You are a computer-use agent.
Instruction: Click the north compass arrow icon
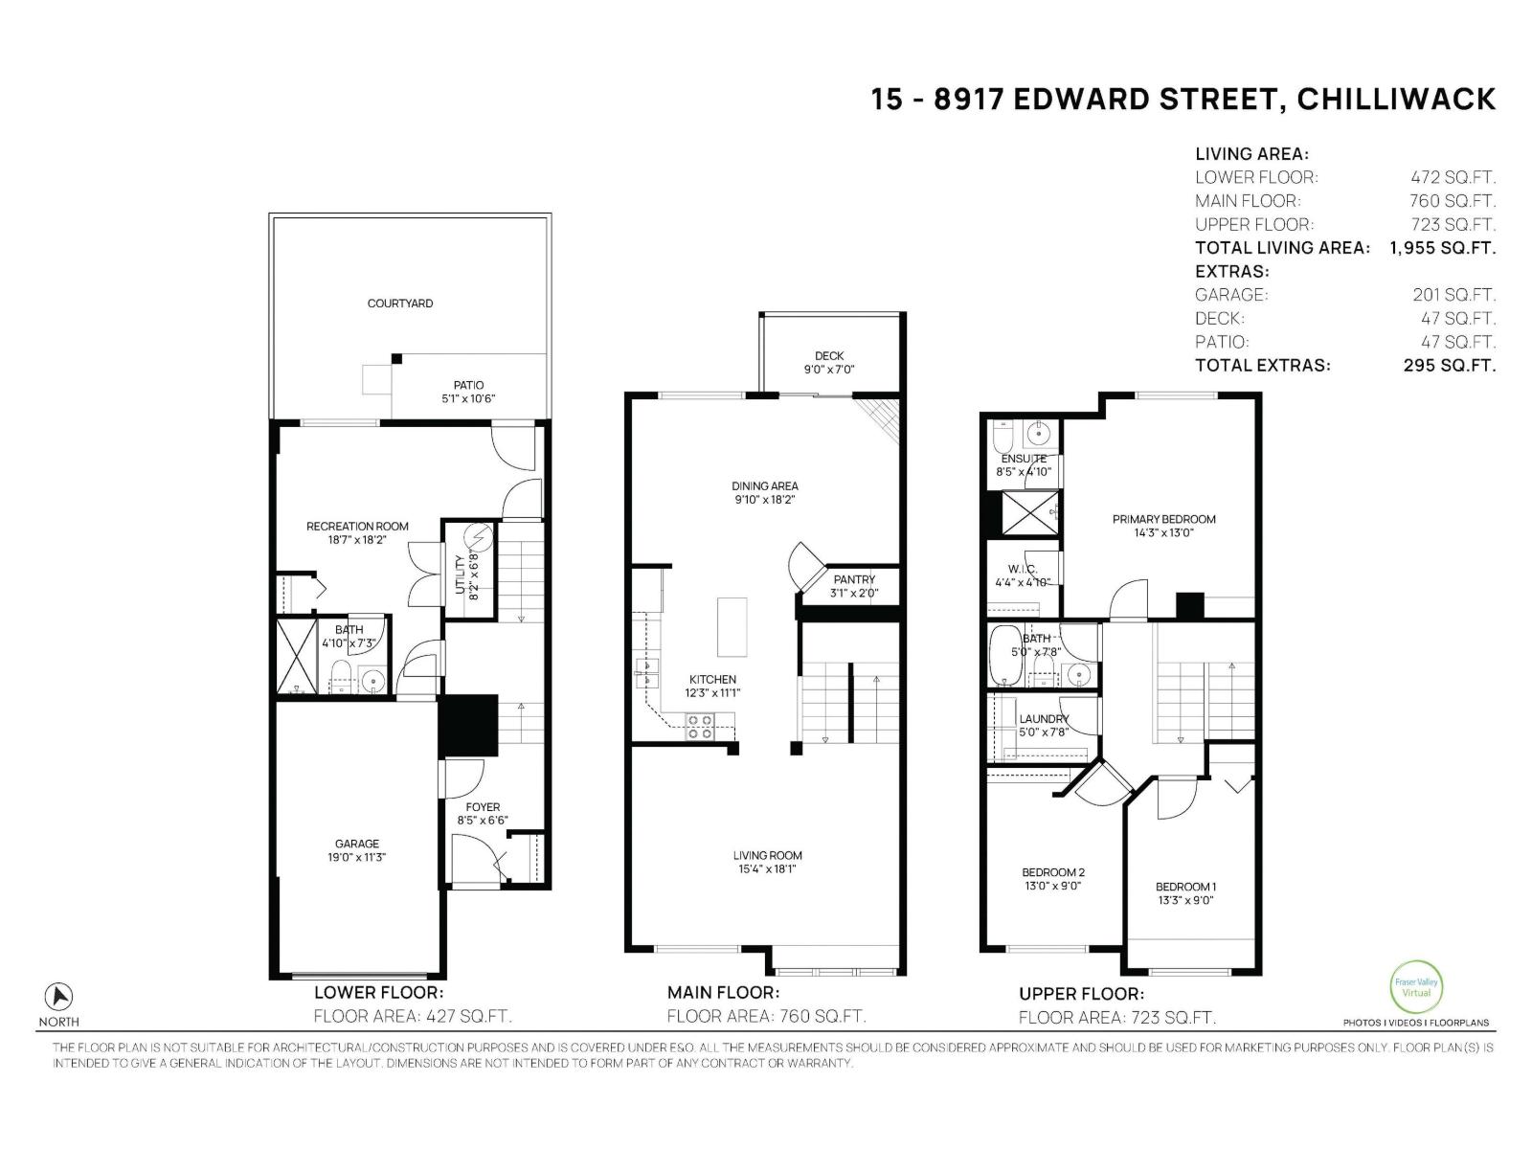[x=59, y=996]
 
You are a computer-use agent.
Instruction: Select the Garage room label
[x=356, y=845]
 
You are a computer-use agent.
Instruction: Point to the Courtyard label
[x=400, y=304]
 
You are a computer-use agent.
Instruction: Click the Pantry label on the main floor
[x=854, y=579]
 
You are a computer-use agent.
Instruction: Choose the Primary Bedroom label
[x=1163, y=519]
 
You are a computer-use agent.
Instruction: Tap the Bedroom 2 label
[x=1052, y=872]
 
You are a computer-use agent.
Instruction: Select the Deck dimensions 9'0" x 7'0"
[x=828, y=370]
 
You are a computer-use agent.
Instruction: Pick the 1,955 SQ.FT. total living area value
[x=1442, y=248]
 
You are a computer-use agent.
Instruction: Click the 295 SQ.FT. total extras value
[x=1449, y=365]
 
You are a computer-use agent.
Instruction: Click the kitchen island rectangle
[x=732, y=624]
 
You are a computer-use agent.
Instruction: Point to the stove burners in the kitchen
[x=700, y=727]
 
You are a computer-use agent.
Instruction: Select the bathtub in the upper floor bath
[x=1005, y=656]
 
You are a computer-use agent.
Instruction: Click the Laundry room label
[x=1043, y=719]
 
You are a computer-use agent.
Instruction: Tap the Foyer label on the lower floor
[x=483, y=807]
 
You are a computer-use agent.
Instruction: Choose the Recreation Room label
[x=357, y=526]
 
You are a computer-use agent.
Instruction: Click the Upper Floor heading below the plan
[x=1081, y=994]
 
